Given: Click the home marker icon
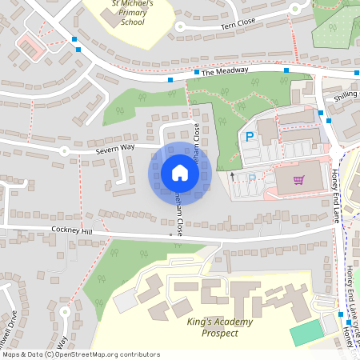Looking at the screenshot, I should [180, 172].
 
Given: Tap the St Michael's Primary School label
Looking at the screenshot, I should [128, 14].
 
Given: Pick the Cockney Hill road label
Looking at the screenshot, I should [74, 230].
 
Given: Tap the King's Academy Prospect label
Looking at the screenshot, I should [219, 326].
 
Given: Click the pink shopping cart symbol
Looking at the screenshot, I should [299, 180].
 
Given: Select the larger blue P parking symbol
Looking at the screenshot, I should [250, 138].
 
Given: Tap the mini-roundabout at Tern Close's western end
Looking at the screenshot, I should [180, 26].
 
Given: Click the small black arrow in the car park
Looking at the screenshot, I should [233, 174].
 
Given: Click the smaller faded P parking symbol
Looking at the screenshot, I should [253, 178].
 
